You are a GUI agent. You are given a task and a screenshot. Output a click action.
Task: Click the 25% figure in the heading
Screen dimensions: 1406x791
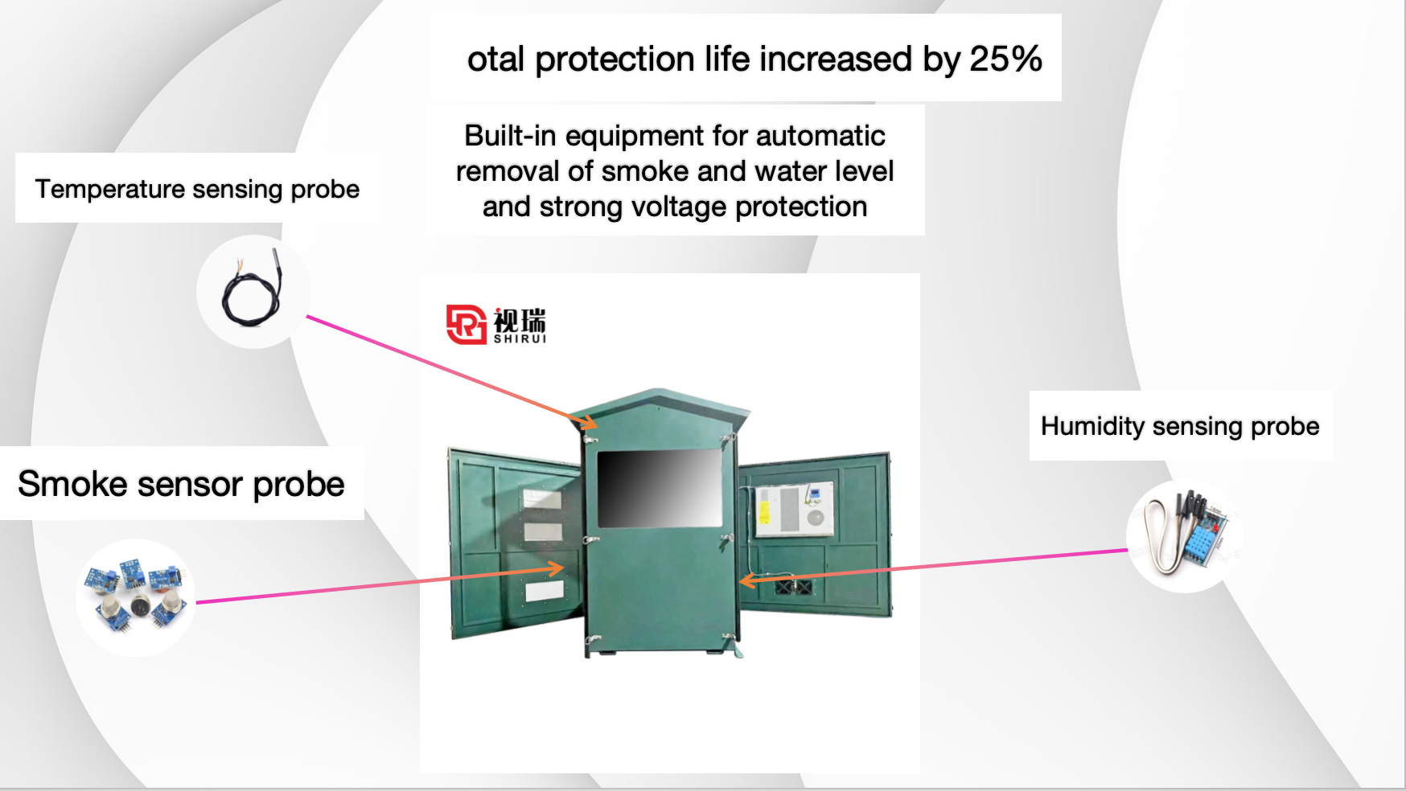1005,59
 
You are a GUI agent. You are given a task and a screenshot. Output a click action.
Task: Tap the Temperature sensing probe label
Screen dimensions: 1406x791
197,189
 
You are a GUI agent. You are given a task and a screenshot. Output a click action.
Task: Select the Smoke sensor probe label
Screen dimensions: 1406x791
181,484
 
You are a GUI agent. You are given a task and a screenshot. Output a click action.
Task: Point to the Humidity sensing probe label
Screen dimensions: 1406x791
1180,426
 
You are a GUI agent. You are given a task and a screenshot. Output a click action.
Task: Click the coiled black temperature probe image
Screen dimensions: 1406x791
253,289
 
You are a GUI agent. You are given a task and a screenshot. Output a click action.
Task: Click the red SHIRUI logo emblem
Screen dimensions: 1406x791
467,325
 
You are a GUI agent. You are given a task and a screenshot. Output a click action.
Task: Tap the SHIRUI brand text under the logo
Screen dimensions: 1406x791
520,339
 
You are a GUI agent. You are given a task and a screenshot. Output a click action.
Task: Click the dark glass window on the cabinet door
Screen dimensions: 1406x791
660,489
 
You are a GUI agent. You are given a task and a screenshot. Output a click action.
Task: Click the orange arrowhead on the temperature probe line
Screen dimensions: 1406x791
588,420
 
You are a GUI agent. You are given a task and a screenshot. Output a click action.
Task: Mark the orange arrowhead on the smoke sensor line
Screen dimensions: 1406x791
555,568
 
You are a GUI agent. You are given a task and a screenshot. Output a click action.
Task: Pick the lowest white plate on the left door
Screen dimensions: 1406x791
544,592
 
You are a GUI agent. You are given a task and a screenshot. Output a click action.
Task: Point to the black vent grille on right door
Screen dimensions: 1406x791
793,587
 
